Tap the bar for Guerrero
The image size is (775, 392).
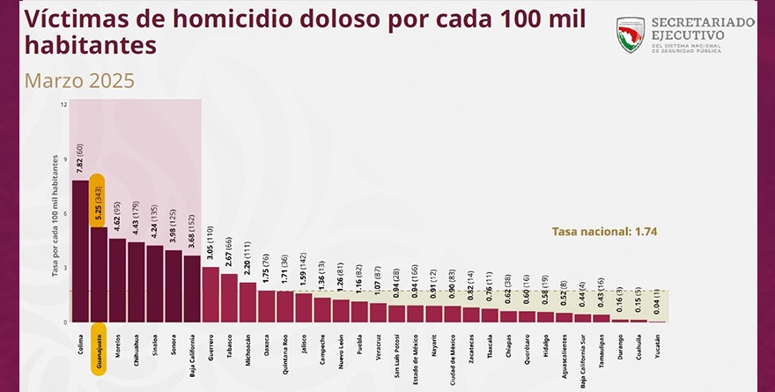pyautogui.click(x=210, y=294)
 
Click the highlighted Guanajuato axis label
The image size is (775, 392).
pyautogui.click(x=98, y=352)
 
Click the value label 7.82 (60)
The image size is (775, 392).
pyautogui.click(x=80, y=159)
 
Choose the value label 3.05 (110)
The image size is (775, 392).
pyautogui.click(x=210, y=244)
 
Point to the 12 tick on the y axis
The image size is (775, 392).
pyautogui.click(x=63, y=105)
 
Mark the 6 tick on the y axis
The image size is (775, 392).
pyautogui.click(x=64, y=213)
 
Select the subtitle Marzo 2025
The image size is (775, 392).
pyautogui.click(x=79, y=81)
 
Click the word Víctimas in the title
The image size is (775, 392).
pyautogui.click(x=70, y=17)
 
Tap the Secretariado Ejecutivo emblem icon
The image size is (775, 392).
pyautogui.click(x=631, y=35)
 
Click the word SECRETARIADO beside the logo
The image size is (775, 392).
pyautogui.click(x=701, y=21)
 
